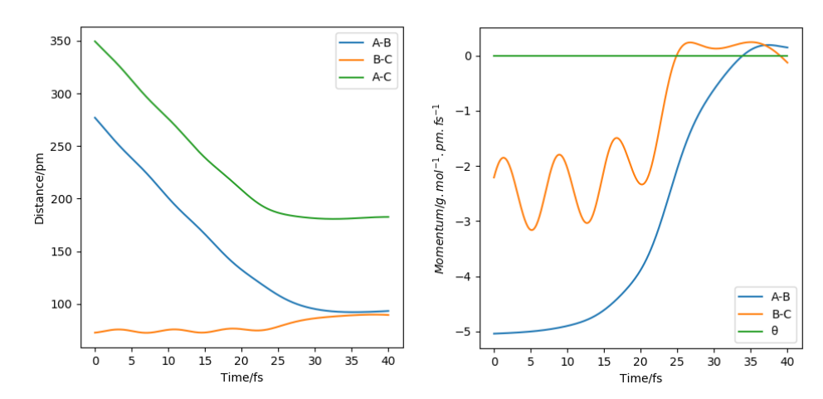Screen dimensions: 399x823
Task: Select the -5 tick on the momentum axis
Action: [467, 332]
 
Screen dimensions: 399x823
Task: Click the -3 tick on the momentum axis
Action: [467, 221]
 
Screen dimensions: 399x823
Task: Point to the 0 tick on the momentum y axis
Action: [470, 56]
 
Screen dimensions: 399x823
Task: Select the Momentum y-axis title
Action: [439, 188]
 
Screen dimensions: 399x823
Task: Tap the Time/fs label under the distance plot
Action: [241, 378]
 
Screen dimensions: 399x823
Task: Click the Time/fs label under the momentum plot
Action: [640, 378]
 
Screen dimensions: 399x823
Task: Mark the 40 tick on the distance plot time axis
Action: [387, 362]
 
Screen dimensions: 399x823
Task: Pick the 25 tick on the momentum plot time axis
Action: [677, 362]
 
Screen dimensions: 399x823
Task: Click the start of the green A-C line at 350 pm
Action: [95, 41]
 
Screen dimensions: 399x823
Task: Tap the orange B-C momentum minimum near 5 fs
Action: [531, 230]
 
